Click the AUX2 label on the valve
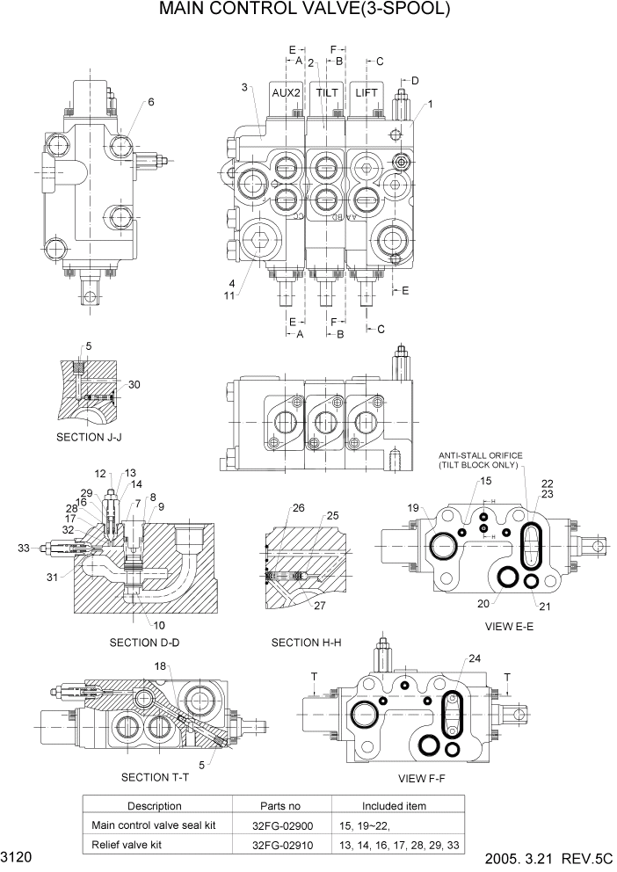click(286, 92)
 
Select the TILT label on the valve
click(327, 92)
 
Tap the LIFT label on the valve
click(367, 92)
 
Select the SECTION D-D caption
click(144, 643)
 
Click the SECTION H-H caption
click(306, 643)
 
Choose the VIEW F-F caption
click(425, 777)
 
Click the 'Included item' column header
click(395, 806)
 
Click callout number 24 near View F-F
click(475, 658)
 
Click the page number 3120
click(17, 856)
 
